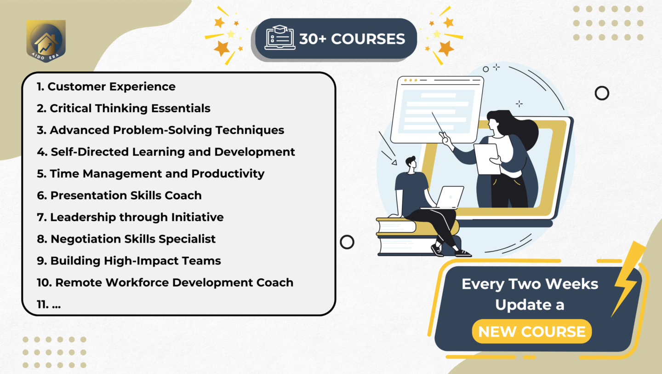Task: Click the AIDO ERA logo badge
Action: [x=46, y=41]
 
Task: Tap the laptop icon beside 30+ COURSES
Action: [x=280, y=38]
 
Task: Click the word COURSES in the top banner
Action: [x=368, y=39]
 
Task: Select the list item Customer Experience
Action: [x=106, y=86]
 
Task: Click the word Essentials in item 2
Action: [x=181, y=108]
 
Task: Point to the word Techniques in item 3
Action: [x=250, y=130]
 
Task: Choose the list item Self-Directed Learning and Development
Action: [x=166, y=152]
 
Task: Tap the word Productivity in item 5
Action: [x=228, y=174]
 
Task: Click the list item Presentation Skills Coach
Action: [x=119, y=196]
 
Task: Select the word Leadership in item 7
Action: [x=83, y=217]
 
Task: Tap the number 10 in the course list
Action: [x=44, y=282]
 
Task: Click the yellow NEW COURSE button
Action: [x=531, y=331]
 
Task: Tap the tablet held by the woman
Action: [x=487, y=159]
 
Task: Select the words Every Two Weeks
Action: [x=530, y=284]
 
